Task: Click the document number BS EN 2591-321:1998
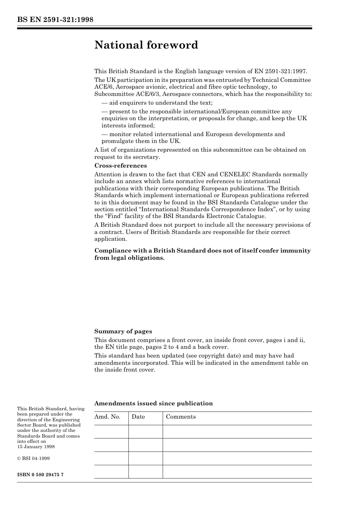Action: click(x=55, y=20)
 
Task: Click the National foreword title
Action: click(x=146, y=45)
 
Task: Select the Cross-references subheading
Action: click(x=121, y=166)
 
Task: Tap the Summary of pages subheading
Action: click(x=123, y=331)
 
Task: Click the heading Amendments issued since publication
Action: click(x=153, y=403)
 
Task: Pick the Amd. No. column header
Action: click(x=107, y=417)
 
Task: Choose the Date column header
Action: click(x=138, y=417)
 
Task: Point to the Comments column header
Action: click(x=181, y=417)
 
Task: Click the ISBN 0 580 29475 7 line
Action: click(x=40, y=475)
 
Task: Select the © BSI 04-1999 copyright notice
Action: click(x=33, y=458)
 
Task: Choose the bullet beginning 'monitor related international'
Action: click(x=193, y=134)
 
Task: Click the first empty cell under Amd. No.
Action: click(x=111, y=432)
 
